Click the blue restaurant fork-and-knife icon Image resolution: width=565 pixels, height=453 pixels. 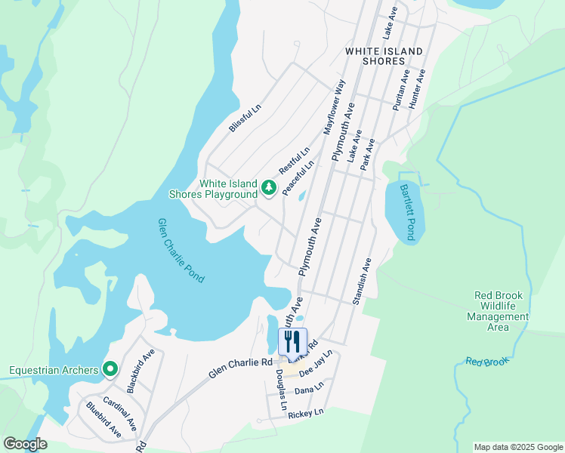(292, 341)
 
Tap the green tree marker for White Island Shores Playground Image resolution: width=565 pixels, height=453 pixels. (267, 187)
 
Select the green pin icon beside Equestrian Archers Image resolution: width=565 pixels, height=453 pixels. (110, 369)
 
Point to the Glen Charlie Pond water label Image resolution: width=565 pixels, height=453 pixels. (181, 251)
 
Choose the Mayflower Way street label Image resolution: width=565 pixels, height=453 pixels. (334, 106)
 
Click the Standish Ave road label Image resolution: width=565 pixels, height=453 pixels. (362, 281)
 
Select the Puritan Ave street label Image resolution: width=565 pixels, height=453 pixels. (400, 91)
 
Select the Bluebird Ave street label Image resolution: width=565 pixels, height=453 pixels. (103, 420)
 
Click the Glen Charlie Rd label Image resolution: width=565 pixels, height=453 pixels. (240, 368)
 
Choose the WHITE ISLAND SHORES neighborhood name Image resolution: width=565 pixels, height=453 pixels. (384, 56)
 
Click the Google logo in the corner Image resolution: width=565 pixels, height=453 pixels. (25, 444)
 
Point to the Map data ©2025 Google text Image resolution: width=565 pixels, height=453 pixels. (518, 447)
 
